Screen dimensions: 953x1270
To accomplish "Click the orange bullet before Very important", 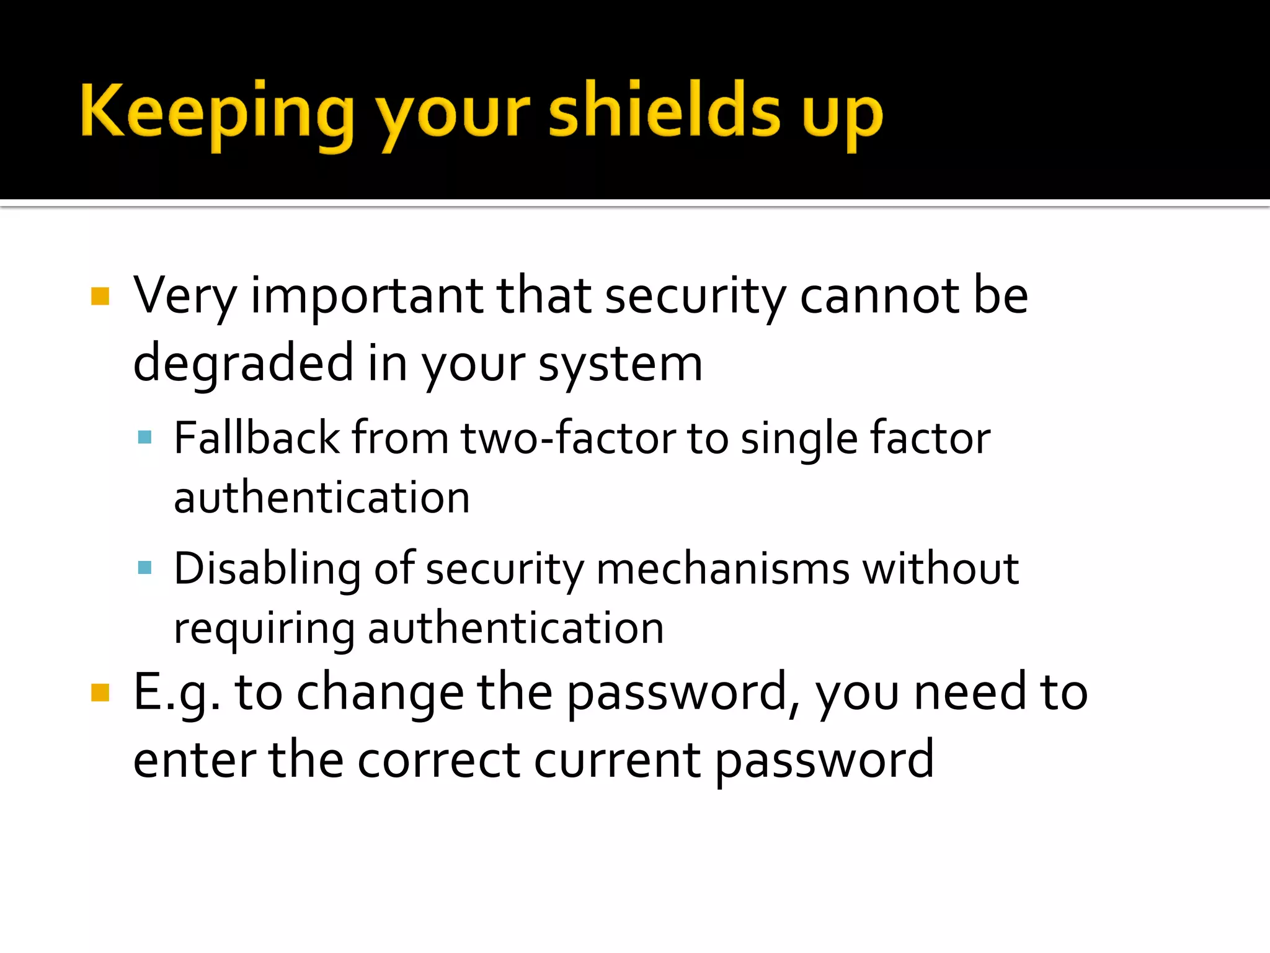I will [100, 296].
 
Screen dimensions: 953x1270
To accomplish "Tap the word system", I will [620, 365].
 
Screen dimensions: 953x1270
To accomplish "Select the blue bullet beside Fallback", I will [145, 437].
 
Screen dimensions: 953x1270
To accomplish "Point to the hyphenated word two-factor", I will [567, 438].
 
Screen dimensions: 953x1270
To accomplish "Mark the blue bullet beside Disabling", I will [145, 567].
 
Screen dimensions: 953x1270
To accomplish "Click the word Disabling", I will [267, 569].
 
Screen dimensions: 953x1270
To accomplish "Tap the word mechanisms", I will [722, 569].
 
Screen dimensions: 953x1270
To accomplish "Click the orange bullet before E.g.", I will [100, 692].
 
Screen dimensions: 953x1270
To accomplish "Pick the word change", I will [380, 693].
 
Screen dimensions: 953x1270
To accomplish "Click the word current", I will [617, 760].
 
